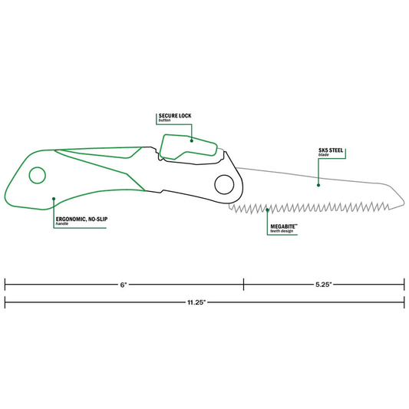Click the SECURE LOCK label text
click(170, 116)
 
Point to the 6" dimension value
click(124, 284)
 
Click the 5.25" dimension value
click(322, 284)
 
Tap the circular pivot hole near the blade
click(223, 184)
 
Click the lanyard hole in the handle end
click(35, 176)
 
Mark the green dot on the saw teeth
click(267, 209)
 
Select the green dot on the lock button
click(191, 141)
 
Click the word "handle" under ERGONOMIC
click(64, 226)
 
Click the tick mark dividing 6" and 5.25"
click(244, 284)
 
